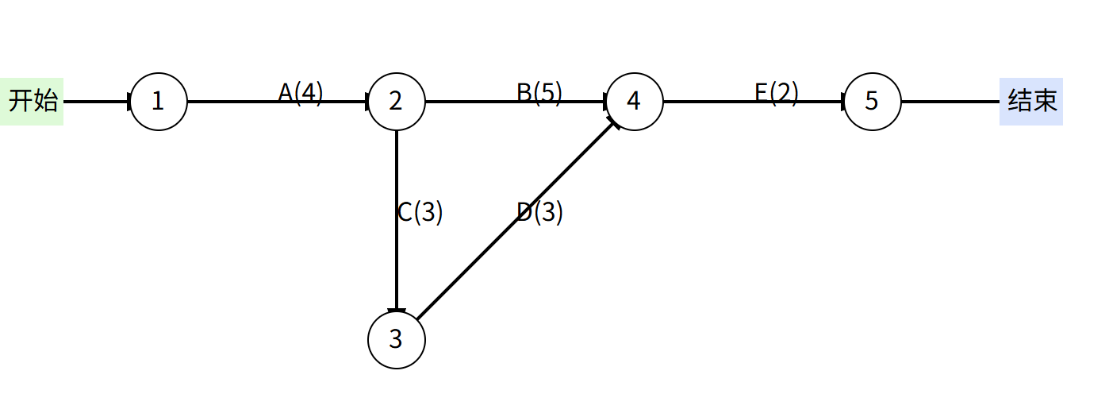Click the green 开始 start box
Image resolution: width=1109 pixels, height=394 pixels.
click(x=32, y=102)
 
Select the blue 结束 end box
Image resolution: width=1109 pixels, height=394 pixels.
click(x=1030, y=102)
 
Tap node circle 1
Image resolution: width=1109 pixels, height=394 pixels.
click(x=159, y=102)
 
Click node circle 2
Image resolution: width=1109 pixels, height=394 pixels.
click(x=397, y=102)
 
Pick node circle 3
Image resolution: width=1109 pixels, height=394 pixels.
click(x=397, y=340)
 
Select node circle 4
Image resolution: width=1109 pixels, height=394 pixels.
click(x=634, y=102)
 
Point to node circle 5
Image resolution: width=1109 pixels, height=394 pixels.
click(x=872, y=102)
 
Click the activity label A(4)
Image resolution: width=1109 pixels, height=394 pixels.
click(x=301, y=93)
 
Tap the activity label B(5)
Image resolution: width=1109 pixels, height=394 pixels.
click(x=539, y=93)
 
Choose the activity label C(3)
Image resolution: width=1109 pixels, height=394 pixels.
click(x=420, y=212)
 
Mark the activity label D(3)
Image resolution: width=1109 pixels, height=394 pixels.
click(x=540, y=212)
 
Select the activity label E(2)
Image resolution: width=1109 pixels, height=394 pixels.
click(x=777, y=93)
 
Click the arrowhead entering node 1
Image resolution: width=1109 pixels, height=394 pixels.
click(x=129, y=102)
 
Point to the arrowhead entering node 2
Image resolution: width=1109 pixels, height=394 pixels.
click(x=366, y=102)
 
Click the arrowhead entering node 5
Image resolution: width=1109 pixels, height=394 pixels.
click(x=842, y=102)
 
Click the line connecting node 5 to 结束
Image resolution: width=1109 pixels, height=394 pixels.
click(x=950, y=102)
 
